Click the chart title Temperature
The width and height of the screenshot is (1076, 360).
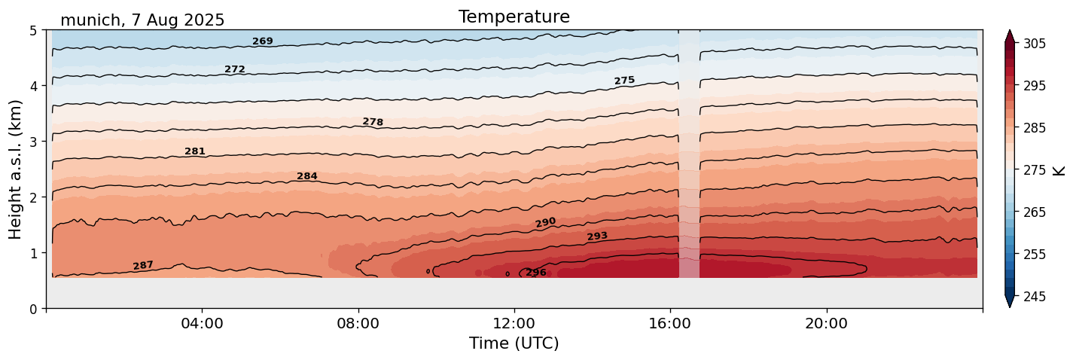tap(514, 17)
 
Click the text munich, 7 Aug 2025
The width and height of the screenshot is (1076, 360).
tap(142, 20)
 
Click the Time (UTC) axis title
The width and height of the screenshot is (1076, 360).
tap(514, 343)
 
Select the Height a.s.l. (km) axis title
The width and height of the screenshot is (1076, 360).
tap(16, 169)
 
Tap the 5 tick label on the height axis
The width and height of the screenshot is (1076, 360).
tap(33, 30)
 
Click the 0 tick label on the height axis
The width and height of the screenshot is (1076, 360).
tap(33, 308)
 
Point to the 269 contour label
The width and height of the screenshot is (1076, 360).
tap(263, 41)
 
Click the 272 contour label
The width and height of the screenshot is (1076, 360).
tap(235, 69)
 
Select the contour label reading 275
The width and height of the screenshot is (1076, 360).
tap(624, 81)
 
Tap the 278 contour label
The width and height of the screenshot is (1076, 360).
tap(373, 122)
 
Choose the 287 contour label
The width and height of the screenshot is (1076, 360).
tap(143, 265)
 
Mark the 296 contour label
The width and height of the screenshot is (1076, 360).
tap(536, 273)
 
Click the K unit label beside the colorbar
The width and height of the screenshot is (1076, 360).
tap(1059, 170)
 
